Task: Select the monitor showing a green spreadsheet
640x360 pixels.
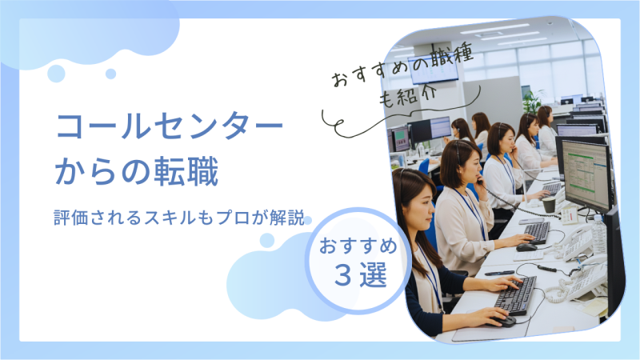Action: tap(586, 176)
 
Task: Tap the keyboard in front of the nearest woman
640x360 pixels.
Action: tap(515, 295)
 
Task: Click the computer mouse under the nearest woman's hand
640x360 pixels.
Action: tap(504, 321)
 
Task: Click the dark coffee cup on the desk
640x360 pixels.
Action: tap(549, 204)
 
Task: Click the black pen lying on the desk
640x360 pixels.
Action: tap(499, 273)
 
